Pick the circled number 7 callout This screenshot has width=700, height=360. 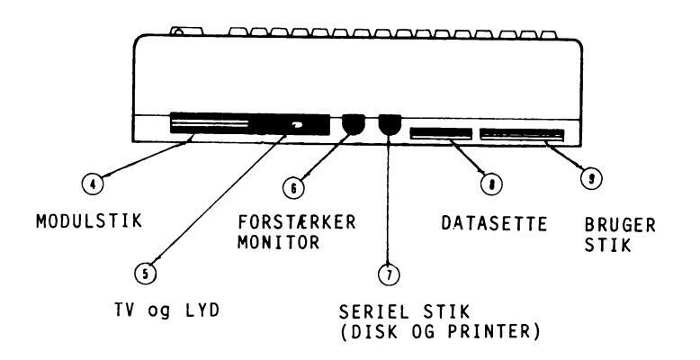point(388,271)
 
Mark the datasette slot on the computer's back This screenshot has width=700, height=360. point(440,134)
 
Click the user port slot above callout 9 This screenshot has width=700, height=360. point(522,135)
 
